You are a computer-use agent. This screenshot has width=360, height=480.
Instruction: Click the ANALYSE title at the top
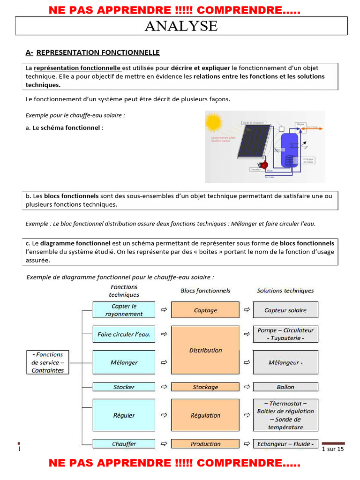click(x=181, y=26)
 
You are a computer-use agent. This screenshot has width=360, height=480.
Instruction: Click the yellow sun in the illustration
click(x=214, y=122)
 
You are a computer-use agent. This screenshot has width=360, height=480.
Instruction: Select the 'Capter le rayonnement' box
click(x=124, y=310)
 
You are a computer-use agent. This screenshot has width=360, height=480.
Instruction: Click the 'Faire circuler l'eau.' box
click(x=124, y=334)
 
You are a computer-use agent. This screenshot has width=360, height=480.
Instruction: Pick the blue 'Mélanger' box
click(x=124, y=362)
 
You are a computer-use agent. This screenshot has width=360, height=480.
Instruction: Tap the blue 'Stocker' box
click(x=124, y=387)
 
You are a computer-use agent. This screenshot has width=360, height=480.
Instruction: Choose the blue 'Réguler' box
click(x=124, y=415)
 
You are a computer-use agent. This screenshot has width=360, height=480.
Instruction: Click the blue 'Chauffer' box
click(x=124, y=443)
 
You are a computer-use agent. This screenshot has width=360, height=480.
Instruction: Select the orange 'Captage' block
click(x=205, y=310)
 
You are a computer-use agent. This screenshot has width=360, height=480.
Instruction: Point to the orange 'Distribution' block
click(x=205, y=350)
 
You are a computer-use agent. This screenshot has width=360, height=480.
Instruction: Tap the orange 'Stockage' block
click(x=205, y=387)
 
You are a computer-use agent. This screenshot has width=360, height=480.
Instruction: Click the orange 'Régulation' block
click(x=205, y=415)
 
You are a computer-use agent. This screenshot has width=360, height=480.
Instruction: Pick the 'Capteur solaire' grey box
click(x=285, y=310)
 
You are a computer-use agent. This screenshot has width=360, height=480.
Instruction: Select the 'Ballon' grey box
click(x=285, y=387)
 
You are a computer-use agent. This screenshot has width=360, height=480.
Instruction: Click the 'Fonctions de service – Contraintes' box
click(x=47, y=362)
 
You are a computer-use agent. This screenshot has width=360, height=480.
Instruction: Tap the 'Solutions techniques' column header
click(x=285, y=291)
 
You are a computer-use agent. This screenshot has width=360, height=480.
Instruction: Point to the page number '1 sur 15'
click(x=333, y=449)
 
